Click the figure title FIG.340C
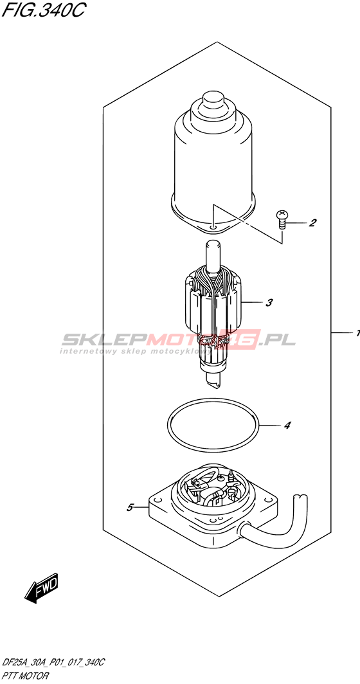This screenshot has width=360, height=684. point(43,10)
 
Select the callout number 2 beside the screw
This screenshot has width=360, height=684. point(312,223)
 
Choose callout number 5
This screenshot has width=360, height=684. point(130,507)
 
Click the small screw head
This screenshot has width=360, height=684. point(282,214)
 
